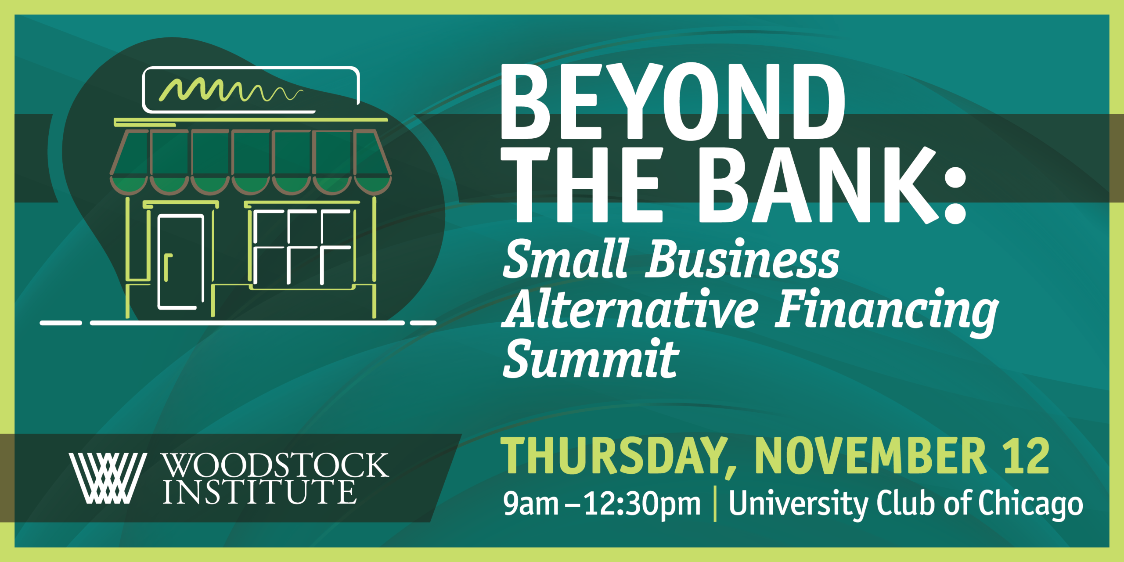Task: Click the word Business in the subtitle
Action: [x=742, y=259]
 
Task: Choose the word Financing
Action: [x=886, y=312]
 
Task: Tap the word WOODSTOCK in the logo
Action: [x=275, y=465]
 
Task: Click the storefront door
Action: [x=180, y=262]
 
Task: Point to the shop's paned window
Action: [x=303, y=247]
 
